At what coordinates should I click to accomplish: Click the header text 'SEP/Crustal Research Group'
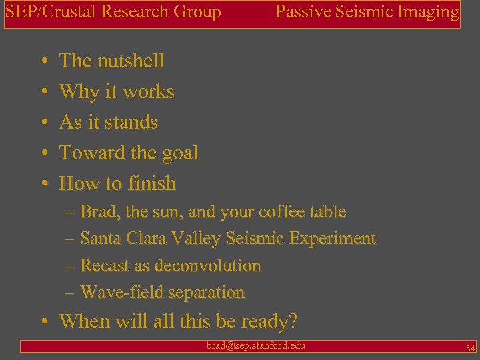click(113, 12)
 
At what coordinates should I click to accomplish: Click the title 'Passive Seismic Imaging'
click(367, 12)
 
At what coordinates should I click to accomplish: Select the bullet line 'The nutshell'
click(111, 61)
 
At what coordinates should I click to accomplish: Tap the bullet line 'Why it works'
click(117, 91)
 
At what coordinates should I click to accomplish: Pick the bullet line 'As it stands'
click(109, 122)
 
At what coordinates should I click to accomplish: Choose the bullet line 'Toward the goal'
click(129, 153)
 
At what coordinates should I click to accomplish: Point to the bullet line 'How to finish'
click(118, 183)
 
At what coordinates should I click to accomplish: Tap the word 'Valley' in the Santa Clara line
click(197, 239)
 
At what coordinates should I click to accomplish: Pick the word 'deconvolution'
click(207, 265)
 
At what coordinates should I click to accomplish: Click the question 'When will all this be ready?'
click(178, 321)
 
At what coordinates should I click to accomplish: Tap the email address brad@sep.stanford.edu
click(256, 345)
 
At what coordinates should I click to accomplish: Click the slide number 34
click(470, 347)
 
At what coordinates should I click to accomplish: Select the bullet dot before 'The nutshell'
click(43, 61)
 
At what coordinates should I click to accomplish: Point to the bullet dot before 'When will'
click(43, 322)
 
